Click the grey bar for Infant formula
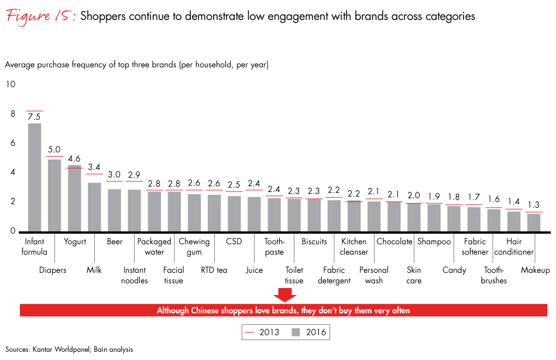[35, 177]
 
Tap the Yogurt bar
[74, 198]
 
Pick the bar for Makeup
[533, 222]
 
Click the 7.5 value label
[35, 117]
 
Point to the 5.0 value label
[54, 150]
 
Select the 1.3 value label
[533, 205]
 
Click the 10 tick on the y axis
[11, 84]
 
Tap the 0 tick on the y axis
[12, 231]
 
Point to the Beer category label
[115, 242]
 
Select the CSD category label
[234, 242]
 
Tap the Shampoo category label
[434, 242]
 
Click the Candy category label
[454, 270]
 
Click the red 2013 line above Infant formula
[35, 111]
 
